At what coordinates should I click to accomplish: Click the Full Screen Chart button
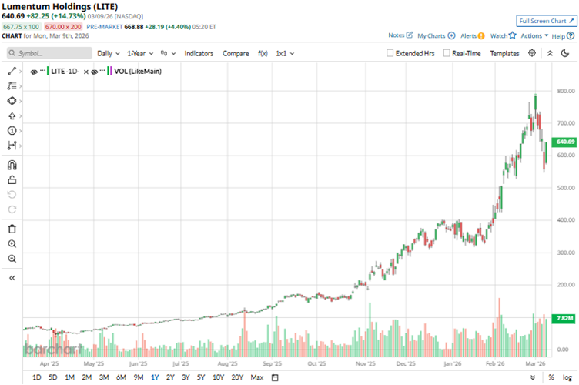(x=546, y=21)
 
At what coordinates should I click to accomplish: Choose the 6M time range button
(x=121, y=377)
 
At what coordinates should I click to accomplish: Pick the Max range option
(x=256, y=377)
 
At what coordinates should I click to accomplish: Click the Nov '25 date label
(x=364, y=363)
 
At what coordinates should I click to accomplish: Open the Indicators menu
(x=199, y=53)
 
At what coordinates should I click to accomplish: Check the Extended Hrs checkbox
(x=390, y=53)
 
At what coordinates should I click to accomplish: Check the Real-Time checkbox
(x=447, y=53)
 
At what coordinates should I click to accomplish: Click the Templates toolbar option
(x=504, y=53)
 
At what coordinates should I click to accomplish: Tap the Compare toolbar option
(x=236, y=53)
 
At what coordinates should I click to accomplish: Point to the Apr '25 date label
(x=49, y=363)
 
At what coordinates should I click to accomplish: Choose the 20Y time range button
(x=237, y=377)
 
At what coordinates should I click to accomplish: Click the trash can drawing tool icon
(x=12, y=229)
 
